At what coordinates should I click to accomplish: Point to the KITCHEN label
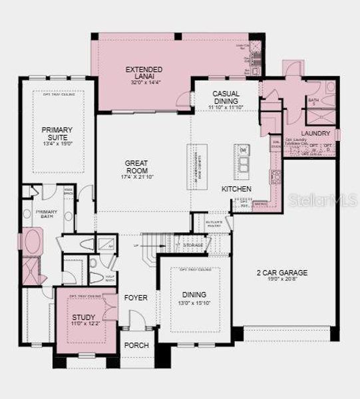pyautogui.click(x=236, y=190)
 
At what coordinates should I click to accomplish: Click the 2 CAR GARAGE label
pyautogui.click(x=283, y=272)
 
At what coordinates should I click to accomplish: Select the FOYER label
pyautogui.click(x=136, y=297)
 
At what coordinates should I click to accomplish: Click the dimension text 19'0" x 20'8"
pyautogui.click(x=284, y=279)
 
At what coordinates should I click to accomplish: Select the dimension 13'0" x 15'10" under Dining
pyautogui.click(x=194, y=303)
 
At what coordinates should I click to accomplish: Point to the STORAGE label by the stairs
pyautogui.click(x=193, y=245)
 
